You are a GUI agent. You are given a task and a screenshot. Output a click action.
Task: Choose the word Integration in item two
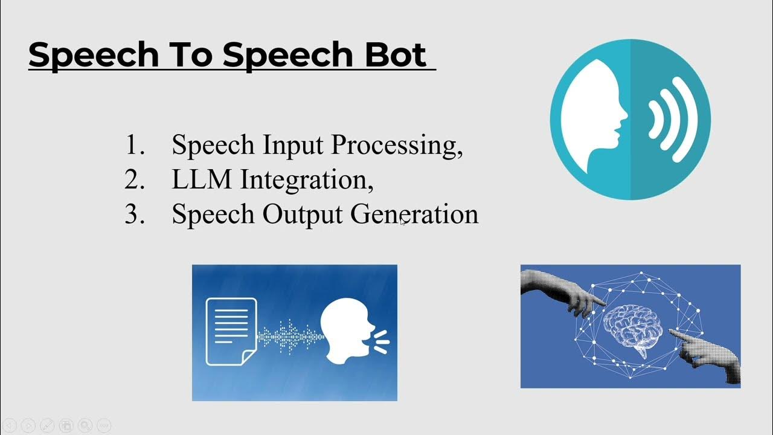[307, 181]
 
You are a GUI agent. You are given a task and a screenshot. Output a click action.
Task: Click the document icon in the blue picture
[231, 332]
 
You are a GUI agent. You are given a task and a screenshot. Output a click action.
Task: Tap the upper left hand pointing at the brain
[562, 292]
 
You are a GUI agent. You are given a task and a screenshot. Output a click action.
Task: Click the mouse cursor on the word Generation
[402, 221]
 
